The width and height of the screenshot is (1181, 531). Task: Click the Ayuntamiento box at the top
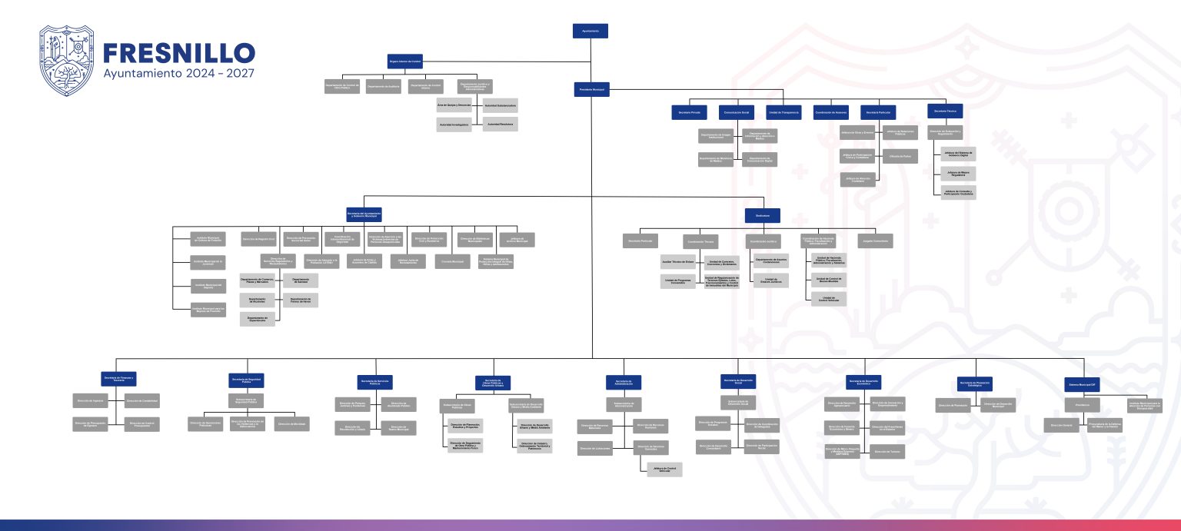click(x=590, y=31)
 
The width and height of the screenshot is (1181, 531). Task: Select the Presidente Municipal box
click(x=591, y=89)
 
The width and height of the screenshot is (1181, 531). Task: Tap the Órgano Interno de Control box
click(x=404, y=61)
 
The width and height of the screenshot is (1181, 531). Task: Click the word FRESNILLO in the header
click(x=178, y=53)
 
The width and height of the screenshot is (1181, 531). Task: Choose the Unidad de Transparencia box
click(x=784, y=112)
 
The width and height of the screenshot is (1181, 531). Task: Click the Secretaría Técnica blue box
click(x=945, y=111)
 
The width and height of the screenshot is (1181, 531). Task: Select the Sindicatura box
click(x=762, y=215)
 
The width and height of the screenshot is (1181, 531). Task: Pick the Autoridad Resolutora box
click(x=500, y=124)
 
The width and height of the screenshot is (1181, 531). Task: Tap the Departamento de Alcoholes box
click(x=257, y=300)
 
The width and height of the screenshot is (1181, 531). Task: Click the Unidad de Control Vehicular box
click(x=829, y=298)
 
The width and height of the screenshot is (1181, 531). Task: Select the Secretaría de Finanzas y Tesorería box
click(x=118, y=379)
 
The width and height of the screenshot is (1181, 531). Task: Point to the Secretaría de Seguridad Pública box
click(x=246, y=380)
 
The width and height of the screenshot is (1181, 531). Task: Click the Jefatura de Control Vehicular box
click(x=664, y=469)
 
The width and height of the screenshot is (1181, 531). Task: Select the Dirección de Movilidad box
click(x=292, y=423)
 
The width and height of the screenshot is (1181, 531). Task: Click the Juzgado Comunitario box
click(x=875, y=241)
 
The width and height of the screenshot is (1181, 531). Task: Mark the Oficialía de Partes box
click(x=900, y=156)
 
